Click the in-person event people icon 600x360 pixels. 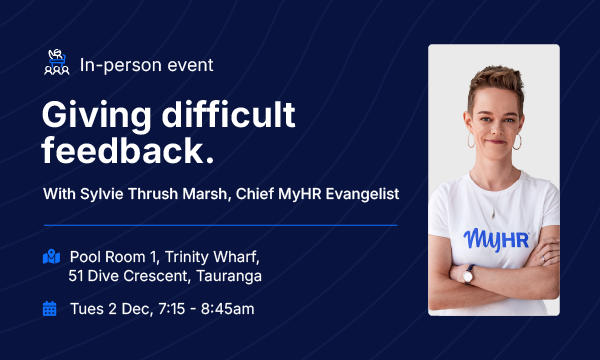(57, 64)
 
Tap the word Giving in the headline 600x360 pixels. (97, 117)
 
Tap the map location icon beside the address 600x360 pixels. (51, 257)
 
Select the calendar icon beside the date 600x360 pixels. (50, 308)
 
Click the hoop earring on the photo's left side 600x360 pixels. (471, 141)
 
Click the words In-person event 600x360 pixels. (146, 65)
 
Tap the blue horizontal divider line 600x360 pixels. (220, 225)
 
